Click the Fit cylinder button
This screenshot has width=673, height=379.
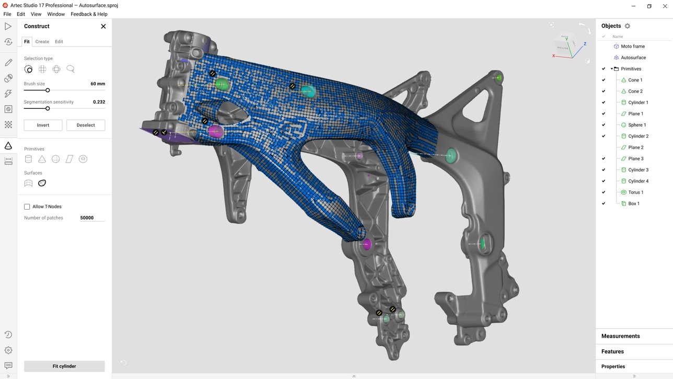(64, 366)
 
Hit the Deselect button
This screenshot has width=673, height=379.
(86, 125)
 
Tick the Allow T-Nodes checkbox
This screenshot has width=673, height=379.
(27, 206)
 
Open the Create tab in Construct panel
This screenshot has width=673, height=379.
(42, 41)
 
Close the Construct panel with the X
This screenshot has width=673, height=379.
(103, 26)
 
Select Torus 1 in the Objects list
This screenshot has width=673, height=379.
(636, 192)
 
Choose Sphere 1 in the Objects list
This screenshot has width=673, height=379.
(637, 125)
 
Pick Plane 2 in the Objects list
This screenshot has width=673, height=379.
(636, 147)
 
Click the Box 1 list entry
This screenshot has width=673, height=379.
(634, 203)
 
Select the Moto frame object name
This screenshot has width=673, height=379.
(633, 47)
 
